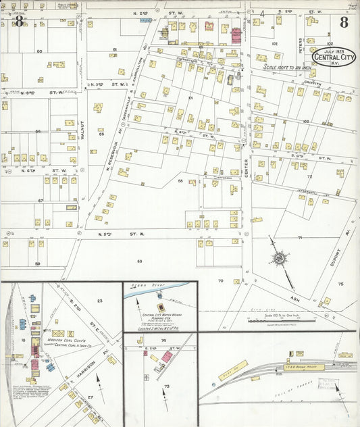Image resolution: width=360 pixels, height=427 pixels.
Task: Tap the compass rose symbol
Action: tap(278, 257)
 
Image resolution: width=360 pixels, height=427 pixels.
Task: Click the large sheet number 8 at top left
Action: tap(19, 22)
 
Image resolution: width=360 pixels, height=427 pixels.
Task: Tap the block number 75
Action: tap(340, 284)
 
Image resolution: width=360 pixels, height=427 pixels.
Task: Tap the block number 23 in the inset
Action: tap(99, 300)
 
